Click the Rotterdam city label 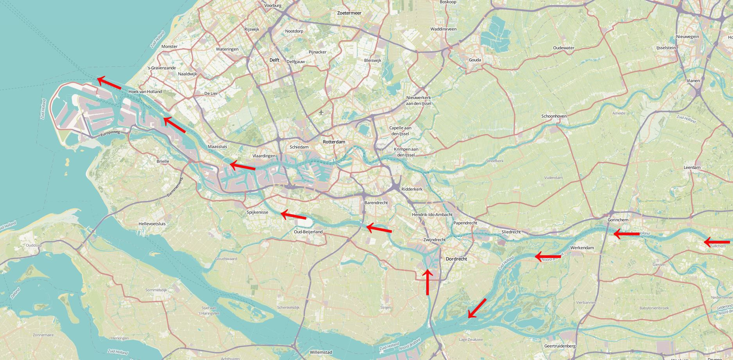334,142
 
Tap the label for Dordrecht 456,259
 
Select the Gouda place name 475,60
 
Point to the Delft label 274,60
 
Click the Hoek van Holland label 145,91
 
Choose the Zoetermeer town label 349,13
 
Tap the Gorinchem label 618,220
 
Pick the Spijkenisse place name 257,212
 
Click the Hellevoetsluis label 152,224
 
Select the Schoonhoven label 553,116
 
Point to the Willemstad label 321,352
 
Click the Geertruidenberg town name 560,346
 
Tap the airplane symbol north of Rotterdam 321,113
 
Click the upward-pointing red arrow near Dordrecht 428,281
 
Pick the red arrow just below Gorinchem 626,234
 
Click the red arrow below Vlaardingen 243,166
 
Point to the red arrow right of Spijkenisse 293,215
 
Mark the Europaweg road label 110,133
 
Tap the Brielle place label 163,161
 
